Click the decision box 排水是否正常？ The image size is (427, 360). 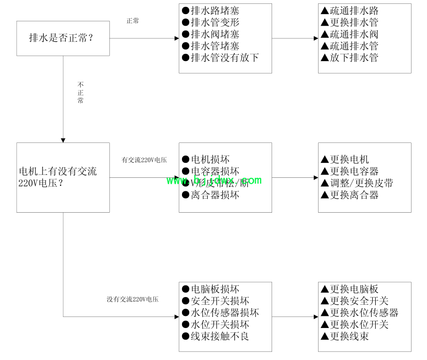[x=63, y=38]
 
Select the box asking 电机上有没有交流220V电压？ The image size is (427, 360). [x=63, y=177]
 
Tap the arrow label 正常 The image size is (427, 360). [x=133, y=21]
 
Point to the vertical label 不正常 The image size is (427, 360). [x=80, y=93]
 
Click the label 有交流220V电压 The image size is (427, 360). [x=144, y=160]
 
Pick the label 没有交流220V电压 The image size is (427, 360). [x=133, y=299]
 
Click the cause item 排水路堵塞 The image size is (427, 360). [x=211, y=11]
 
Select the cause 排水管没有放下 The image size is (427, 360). [x=220, y=58]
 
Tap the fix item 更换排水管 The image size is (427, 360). [x=350, y=22]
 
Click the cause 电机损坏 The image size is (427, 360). [x=206, y=159]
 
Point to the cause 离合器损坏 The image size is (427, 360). [x=211, y=195]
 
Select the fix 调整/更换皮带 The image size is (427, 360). [x=357, y=183]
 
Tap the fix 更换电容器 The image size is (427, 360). [x=350, y=172]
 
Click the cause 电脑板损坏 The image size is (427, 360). [x=211, y=289]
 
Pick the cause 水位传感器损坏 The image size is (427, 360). [x=220, y=313]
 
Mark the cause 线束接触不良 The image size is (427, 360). [x=215, y=336]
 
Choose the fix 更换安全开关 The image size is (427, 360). [x=354, y=301]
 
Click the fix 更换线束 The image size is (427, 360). [x=345, y=336]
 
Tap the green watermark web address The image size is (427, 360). [x=214, y=180]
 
